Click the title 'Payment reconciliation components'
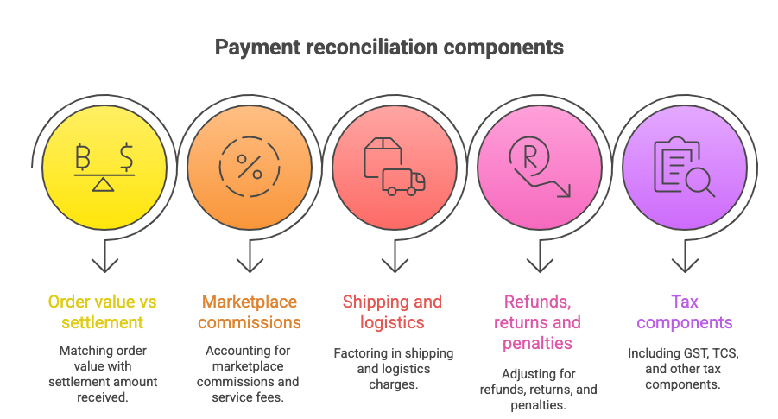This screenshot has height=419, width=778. pyautogui.click(x=389, y=47)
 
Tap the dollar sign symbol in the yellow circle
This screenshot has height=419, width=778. pyautogui.click(x=126, y=158)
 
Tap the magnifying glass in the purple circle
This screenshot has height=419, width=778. pyautogui.click(x=697, y=180)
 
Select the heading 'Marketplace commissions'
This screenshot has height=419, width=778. pyautogui.click(x=249, y=312)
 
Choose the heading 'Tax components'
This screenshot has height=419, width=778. pyautogui.click(x=684, y=312)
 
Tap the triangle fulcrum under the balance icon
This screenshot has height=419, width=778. pyautogui.click(x=104, y=185)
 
